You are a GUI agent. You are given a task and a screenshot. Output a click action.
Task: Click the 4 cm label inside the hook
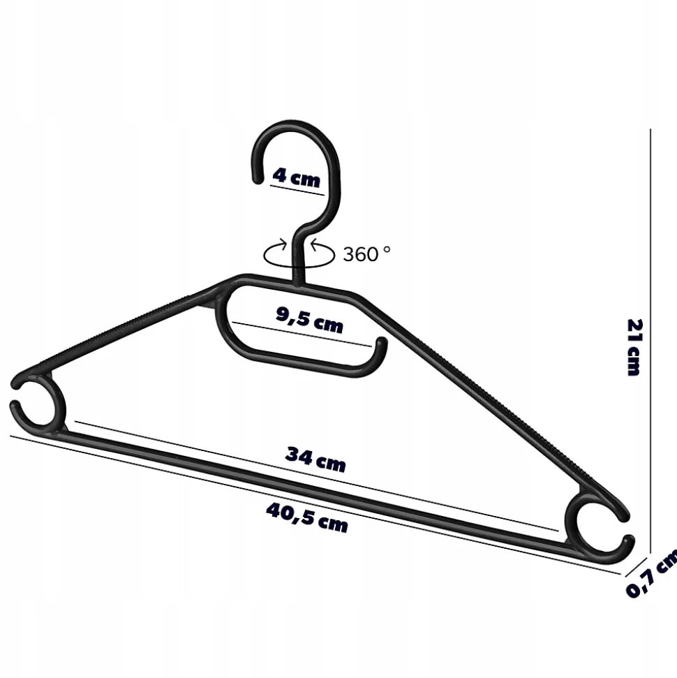click(297, 177)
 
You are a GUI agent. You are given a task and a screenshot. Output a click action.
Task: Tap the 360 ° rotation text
click(366, 254)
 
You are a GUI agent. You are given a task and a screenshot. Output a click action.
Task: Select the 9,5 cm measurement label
click(309, 320)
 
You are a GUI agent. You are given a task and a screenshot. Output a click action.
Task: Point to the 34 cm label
click(315, 459)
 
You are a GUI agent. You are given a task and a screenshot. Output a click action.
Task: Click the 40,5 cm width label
click(307, 517)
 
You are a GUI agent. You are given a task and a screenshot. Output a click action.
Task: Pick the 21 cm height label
click(634, 347)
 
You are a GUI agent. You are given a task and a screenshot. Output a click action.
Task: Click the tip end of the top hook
click(258, 179)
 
